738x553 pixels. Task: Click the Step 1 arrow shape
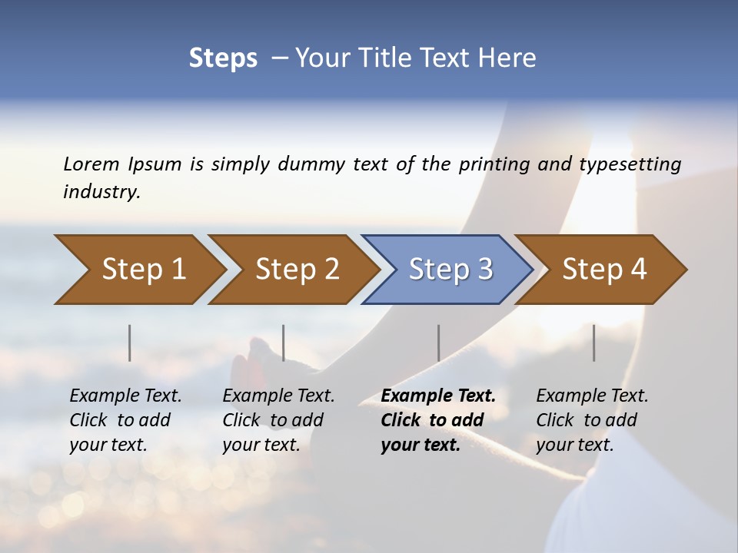coord(138,270)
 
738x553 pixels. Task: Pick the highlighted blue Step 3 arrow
coord(448,270)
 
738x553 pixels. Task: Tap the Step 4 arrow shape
coord(602,270)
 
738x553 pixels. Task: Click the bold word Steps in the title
coord(223,58)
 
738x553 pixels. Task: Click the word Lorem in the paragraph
coord(91,164)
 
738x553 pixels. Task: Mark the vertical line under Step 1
coord(129,343)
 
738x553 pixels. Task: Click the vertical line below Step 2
coord(284,343)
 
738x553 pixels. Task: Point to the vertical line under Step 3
coord(438,343)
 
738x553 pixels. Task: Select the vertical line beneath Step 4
coord(593,343)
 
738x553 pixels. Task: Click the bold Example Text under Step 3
coord(438,396)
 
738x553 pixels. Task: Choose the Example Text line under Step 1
coord(125,396)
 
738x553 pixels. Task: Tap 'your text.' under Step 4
coord(574,445)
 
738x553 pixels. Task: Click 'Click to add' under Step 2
coord(273,421)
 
